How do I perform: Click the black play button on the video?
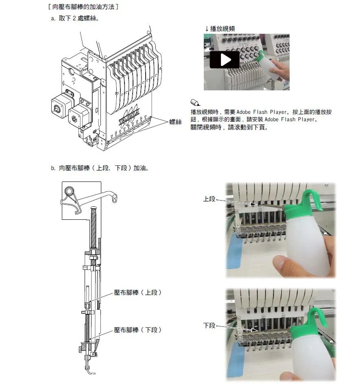(x=225, y=60)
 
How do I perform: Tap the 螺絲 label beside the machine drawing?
(x=175, y=122)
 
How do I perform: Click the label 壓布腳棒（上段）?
(x=137, y=293)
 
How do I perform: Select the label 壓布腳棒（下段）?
(x=137, y=330)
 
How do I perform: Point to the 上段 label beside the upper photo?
(x=209, y=199)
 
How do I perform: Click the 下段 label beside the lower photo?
(x=209, y=326)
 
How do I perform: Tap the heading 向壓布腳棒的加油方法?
(x=83, y=7)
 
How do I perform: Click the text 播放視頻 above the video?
(x=223, y=29)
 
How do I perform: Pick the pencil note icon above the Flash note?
(x=195, y=103)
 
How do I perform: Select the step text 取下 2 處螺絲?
(x=78, y=18)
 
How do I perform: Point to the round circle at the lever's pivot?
(x=69, y=191)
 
